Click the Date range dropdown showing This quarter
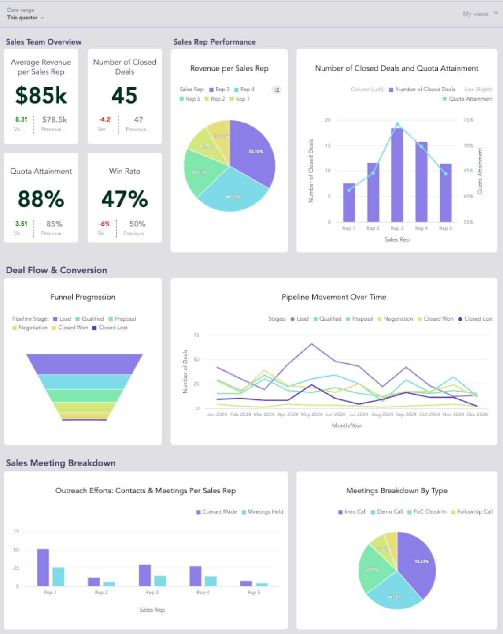point(25,18)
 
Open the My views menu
point(480,14)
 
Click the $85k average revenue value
point(41,96)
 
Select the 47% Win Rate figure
point(125,199)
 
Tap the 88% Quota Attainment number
point(41,199)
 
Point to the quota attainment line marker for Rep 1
point(349,190)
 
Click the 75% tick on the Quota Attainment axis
point(468,120)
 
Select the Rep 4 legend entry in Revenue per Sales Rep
point(245,90)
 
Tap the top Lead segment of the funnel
point(84,364)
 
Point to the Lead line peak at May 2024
point(312,344)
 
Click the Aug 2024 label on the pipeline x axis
point(382,414)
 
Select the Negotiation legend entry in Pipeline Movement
point(396,319)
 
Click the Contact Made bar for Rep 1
point(43,567)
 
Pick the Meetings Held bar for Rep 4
point(211,581)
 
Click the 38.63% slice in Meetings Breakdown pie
point(418,564)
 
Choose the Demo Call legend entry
point(387,512)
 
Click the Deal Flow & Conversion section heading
point(56,270)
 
